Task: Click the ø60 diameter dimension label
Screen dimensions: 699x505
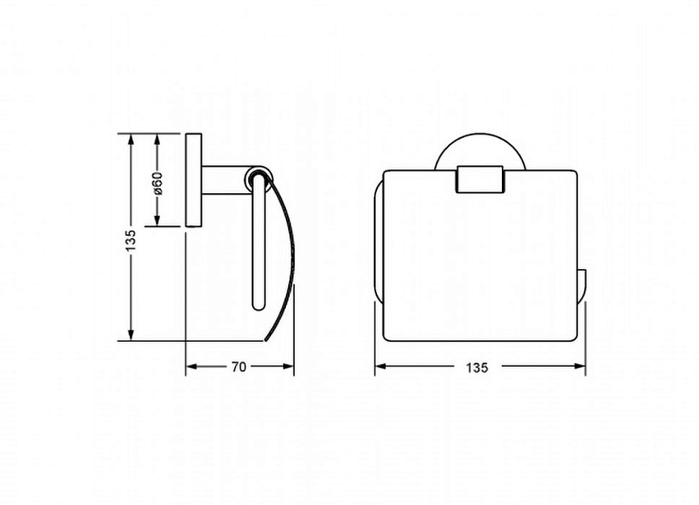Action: (x=158, y=183)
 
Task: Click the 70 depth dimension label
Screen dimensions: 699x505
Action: (x=239, y=367)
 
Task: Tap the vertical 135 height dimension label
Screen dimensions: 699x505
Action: (x=131, y=240)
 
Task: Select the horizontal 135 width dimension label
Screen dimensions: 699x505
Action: (x=477, y=367)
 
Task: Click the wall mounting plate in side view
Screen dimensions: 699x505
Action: (x=193, y=180)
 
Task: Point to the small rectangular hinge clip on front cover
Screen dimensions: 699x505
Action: (x=479, y=180)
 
